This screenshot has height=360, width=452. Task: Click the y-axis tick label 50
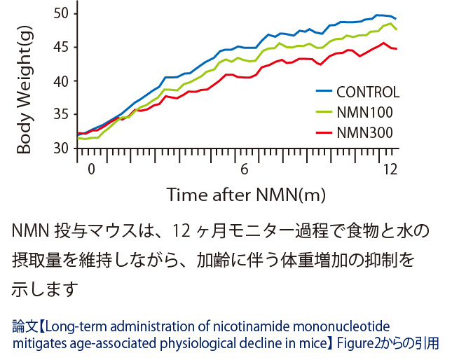[62, 13]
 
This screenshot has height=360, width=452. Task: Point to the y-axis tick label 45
[62, 47]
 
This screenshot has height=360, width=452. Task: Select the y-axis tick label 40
[62, 81]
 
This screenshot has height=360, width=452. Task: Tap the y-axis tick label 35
[62, 114]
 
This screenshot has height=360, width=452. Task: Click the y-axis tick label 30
[62, 148]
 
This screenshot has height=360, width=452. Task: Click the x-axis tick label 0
[90, 170]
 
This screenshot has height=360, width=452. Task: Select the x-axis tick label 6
[245, 170]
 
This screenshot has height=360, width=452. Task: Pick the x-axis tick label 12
[390, 170]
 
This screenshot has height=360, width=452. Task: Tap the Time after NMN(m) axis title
[245, 194]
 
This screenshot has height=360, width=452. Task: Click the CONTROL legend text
[367, 92]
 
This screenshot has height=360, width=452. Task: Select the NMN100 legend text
[364, 112]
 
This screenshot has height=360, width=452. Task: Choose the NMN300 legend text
[364, 132]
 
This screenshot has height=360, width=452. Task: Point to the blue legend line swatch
[322, 92]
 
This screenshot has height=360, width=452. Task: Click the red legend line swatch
[322, 132]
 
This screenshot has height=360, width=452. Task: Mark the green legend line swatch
[322, 112]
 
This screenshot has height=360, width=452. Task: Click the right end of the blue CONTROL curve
[396, 19]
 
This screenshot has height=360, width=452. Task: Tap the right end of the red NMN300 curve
[397, 49]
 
